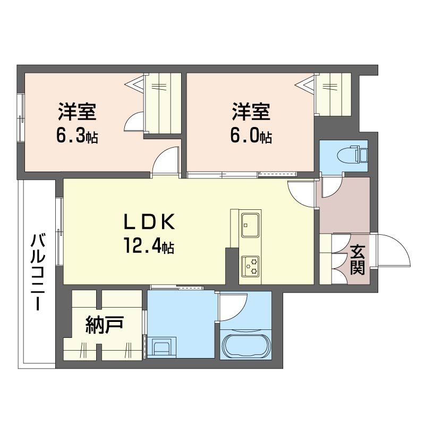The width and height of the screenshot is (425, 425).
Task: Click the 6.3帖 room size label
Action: (77, 137)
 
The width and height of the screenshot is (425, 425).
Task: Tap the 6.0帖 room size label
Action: (251, 137)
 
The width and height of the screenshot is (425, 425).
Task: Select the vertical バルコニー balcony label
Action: (37, 273)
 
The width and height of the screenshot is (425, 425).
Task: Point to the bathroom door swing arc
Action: (234, 307)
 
